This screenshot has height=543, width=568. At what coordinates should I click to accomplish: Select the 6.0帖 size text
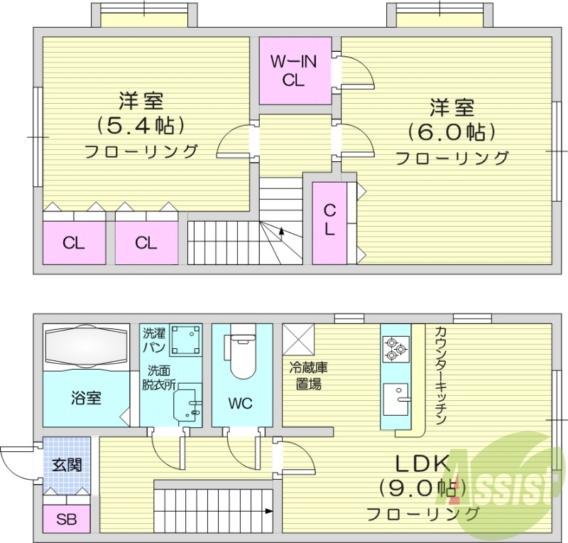click(451, 132)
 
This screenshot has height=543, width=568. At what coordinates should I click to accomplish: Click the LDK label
click(422, 464)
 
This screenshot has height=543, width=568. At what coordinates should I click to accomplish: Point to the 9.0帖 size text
click(422, 488)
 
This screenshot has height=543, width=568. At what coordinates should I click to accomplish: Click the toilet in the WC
click(241, 355)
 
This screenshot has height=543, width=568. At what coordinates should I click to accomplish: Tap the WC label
click(241, 404)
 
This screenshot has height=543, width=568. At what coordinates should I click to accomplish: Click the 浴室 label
click(85, 397)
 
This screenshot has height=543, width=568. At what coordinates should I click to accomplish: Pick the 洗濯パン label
click(155, 340)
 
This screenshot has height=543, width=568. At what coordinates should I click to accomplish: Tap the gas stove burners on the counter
click(394, 348)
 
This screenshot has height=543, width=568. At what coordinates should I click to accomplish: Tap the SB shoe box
click(66, 519)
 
